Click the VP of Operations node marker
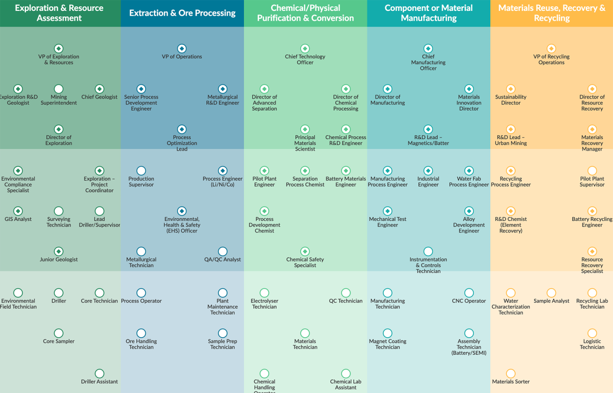[182, 49]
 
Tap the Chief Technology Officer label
[305, 59]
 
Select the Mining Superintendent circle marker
[59, 89]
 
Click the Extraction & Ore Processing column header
[182, 13]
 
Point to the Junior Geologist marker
[59, 251]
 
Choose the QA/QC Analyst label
[222, 260]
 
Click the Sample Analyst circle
[551, 293]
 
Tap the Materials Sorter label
[511, 382]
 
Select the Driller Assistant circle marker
[99, 373]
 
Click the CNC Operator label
[469, 301]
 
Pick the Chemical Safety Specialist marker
[305, 251]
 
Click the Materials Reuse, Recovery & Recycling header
[552, 13]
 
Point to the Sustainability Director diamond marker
[511, 89]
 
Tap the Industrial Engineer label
[428, 182]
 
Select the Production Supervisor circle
[141, 171]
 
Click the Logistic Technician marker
[592, 333]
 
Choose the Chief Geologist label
[99, 97]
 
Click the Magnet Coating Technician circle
[387, 333]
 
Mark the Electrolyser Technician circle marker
[264, 293]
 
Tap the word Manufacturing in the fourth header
[429, 18]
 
